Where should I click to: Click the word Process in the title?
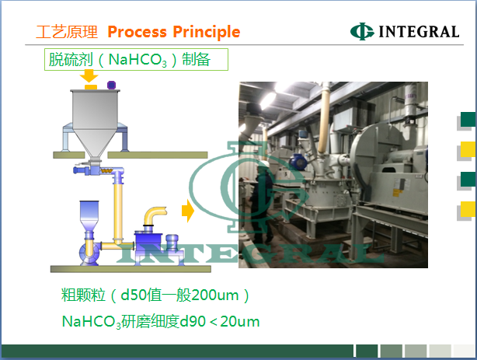138,32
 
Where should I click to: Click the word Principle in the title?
207,33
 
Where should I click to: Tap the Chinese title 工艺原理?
67,32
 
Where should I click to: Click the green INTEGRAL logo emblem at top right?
362,31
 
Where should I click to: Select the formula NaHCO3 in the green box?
138,60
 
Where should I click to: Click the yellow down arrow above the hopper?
89,76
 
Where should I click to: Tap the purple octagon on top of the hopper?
111,85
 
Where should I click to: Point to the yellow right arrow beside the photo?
188,211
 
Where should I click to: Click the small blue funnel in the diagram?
89,215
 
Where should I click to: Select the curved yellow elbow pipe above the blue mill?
154,215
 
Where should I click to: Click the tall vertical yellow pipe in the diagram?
118,210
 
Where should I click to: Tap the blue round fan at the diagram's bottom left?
89,253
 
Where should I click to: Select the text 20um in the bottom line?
240,322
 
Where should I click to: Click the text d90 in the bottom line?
193,321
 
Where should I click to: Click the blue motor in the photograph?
298,162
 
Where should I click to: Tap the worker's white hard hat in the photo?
263,164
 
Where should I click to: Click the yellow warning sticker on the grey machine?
396,193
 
